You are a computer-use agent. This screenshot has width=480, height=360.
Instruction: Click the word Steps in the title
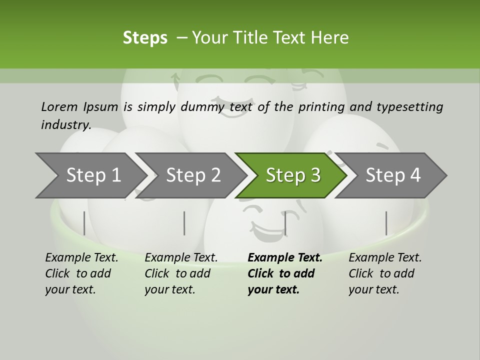tap(145, 38)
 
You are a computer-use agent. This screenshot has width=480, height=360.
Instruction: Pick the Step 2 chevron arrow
tap(192, 175)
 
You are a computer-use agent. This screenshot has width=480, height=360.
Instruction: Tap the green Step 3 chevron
tap(292, 175)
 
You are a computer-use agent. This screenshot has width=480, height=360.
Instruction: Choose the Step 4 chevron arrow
tap(392, 175)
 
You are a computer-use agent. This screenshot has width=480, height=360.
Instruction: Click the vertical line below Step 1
tap(84, 223)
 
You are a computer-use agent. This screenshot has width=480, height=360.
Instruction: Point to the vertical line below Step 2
tap(184, 223)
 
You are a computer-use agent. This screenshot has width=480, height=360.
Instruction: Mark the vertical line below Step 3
tap(285, 223)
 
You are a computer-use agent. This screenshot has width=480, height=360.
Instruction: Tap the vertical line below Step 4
tap(386, 223)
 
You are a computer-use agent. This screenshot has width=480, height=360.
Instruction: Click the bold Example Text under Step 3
tap(285, 257)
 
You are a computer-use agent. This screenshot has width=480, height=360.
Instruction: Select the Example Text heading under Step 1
tap(81, 257)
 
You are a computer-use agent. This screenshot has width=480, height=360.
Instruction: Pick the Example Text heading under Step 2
tap(181, 257)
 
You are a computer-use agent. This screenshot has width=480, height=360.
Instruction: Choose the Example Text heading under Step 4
tap(385, 257)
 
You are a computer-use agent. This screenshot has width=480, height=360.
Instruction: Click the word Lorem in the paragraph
tap(59, 106)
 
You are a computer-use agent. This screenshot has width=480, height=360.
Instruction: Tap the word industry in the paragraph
tap(65, 124)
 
